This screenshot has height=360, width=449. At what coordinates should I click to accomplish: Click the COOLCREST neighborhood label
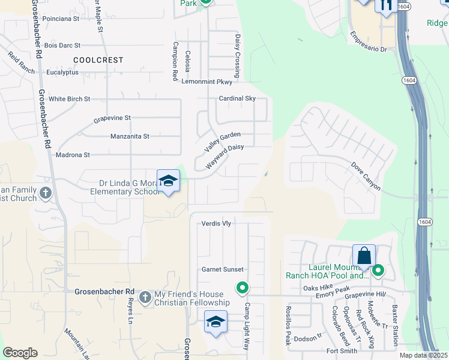pyautogui.click(x=98, y=60)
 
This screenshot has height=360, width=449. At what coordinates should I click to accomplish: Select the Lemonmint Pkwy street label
pyautogui.click(x=206, y=82)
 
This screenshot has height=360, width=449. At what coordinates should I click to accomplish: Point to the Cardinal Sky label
pyautogui.click(x=237, y=98)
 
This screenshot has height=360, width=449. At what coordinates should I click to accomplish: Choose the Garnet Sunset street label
pyautogui.click(x=223, y=269)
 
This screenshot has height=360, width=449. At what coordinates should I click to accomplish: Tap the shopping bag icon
pyautogui.click(x=364, y=256)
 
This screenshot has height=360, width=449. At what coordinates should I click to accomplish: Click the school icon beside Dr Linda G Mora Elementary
pyautogui.click(x=169, y=181)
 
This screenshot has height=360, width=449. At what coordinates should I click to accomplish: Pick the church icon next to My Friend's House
pyautogui.click(x=144, y=297)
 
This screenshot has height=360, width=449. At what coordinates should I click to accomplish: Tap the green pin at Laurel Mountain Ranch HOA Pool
pyautogui.click(x=378, y=271)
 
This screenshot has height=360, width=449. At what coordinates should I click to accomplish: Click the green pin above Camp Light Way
pyautogui.click(x=243, y=289)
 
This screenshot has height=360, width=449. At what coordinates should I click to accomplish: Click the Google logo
pyautogui.click(x=20, y=352)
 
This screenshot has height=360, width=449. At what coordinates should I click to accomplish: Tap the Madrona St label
pyautogui.click(x=73, y=155)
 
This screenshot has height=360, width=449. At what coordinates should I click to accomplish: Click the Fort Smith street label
pyautogui.click(x=342, y=351)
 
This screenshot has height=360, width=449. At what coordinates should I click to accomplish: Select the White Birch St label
pyautogui.click(x=69, y=99)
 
